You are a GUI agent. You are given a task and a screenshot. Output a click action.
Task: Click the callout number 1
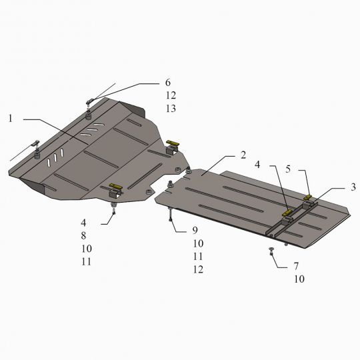10,119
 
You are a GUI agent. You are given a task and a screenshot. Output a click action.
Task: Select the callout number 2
243,155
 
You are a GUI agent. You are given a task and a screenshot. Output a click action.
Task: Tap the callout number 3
353,187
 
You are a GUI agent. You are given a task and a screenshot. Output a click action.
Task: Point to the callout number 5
288,169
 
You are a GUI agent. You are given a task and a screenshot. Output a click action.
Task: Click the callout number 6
168,83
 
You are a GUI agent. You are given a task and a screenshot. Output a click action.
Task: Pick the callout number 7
296,266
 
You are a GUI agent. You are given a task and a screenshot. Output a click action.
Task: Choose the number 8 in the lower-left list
83,235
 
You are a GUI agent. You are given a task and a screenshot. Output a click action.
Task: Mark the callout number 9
195,230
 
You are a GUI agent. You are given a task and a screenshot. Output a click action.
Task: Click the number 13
171,109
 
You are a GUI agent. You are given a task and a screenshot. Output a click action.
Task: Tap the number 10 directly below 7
299,279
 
